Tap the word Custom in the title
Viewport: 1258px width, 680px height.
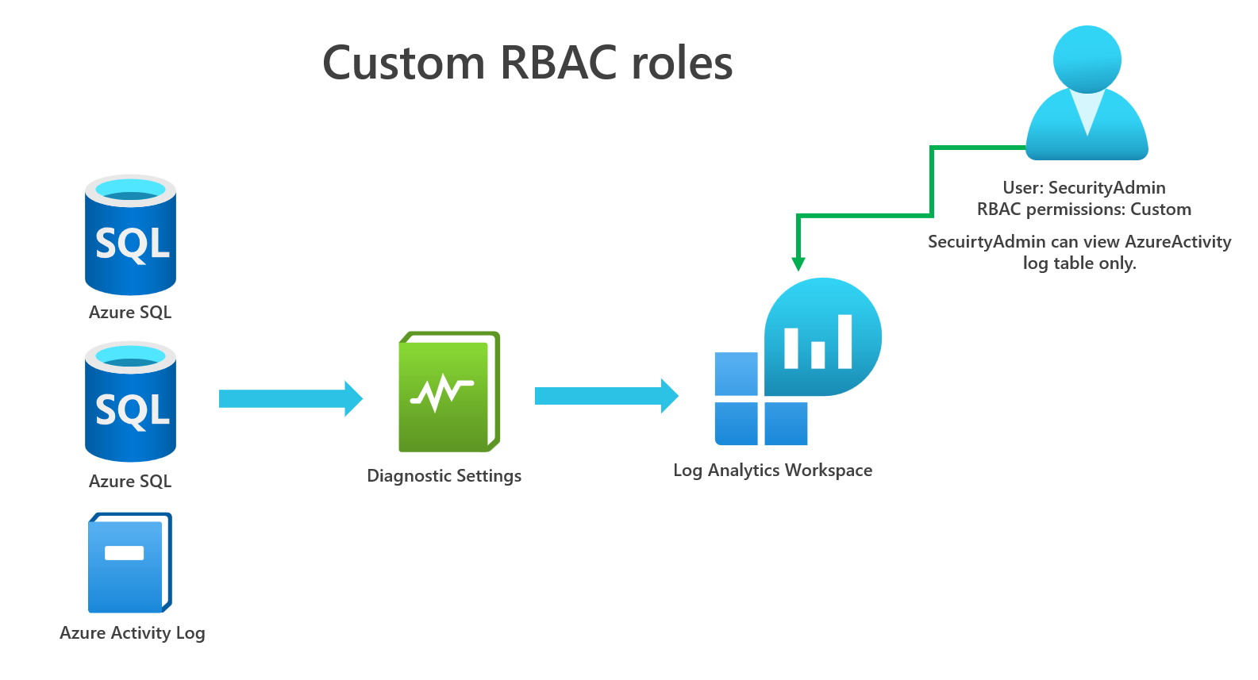pos(403,63)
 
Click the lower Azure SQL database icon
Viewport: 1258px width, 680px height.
pos(131,402)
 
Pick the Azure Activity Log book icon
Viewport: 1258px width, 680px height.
pos(129,563)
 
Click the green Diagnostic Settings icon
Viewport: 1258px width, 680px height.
pos(448,392)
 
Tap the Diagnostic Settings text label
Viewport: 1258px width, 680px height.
pos(444,476)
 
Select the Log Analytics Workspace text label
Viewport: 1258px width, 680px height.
pos(772,471)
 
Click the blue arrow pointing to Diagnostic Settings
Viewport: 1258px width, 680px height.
pos(290,398)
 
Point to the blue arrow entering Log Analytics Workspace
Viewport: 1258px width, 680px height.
pos(606,396)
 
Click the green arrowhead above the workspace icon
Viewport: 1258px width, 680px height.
pos(798,263)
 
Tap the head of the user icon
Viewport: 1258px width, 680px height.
pos(1087,59)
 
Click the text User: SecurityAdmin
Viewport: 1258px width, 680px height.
pos(1083,188)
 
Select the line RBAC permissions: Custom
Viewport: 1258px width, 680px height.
pos(1083,209)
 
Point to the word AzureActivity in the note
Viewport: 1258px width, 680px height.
pos(1178,242)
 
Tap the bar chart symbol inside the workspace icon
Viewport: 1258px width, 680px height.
pos(818,343)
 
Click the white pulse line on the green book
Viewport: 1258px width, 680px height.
pos(441,391)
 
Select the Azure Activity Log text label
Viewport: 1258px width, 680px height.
pos(133,633)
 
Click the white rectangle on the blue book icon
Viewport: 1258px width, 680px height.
pos(125,553)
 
